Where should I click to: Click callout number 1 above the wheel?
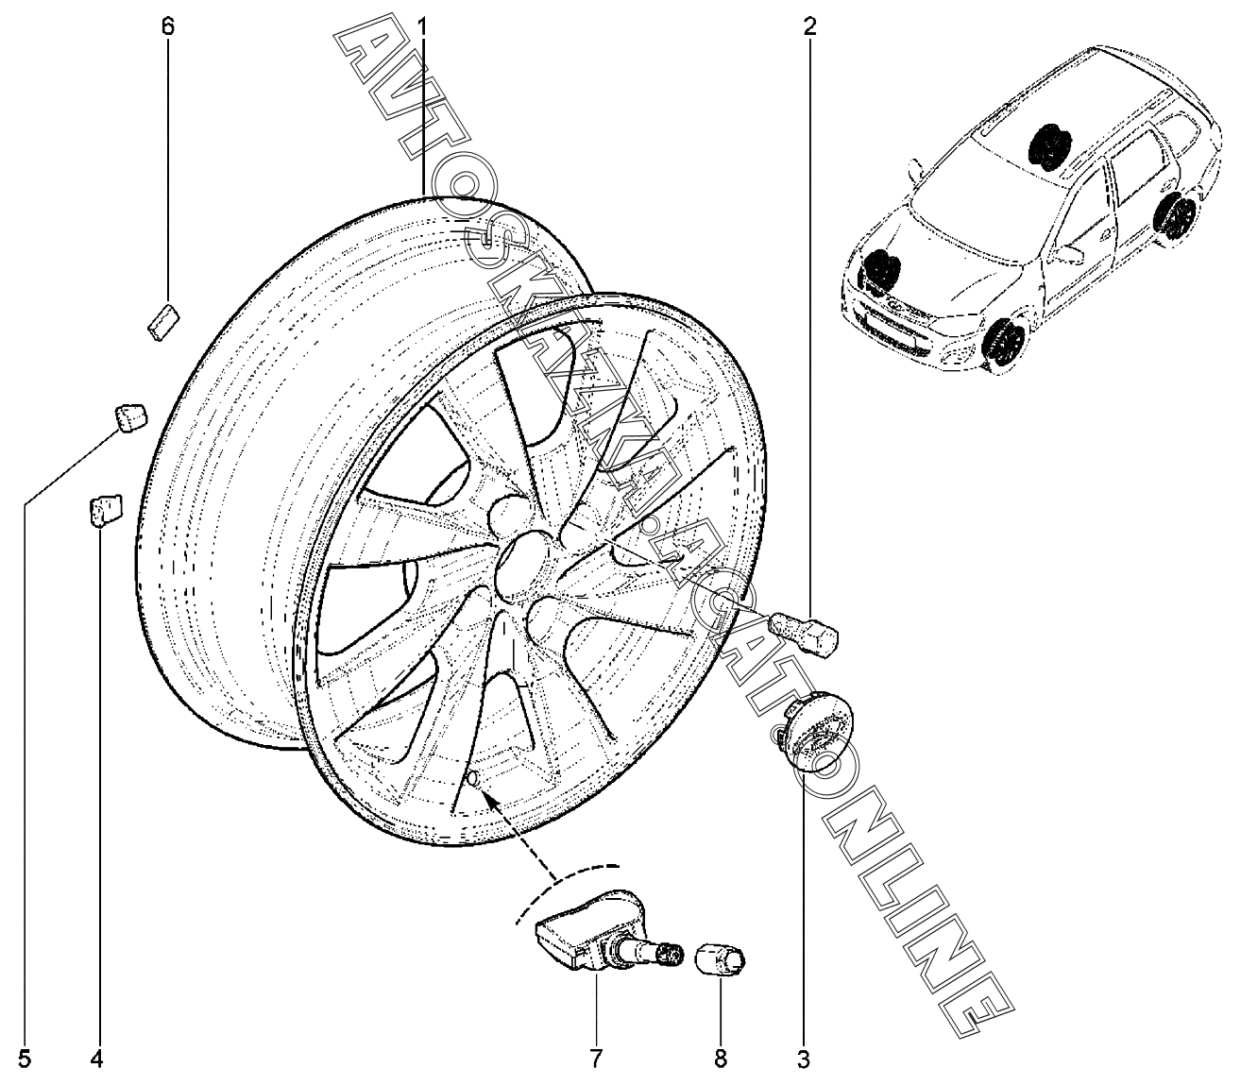click(x=422, y=26)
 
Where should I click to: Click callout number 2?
click(x=809, y=26)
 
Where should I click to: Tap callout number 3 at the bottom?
click(x=803, y=1060)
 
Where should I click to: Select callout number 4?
click(x=95, y=1060)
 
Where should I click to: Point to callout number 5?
click(x=25, y=1060)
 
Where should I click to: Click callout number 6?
click(x=167, y=26)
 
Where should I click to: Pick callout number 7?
click(x=596, y=1060)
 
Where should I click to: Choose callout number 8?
click(x=720, y=1060)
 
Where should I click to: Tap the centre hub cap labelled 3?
click(x=818, y=733)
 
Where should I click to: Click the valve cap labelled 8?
click(x=720, y=961)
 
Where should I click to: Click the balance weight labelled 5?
click(x=129, y=416)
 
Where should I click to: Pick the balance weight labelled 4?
click(x=104, y=509)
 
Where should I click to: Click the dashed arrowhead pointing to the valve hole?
click(x=488, y=798)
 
